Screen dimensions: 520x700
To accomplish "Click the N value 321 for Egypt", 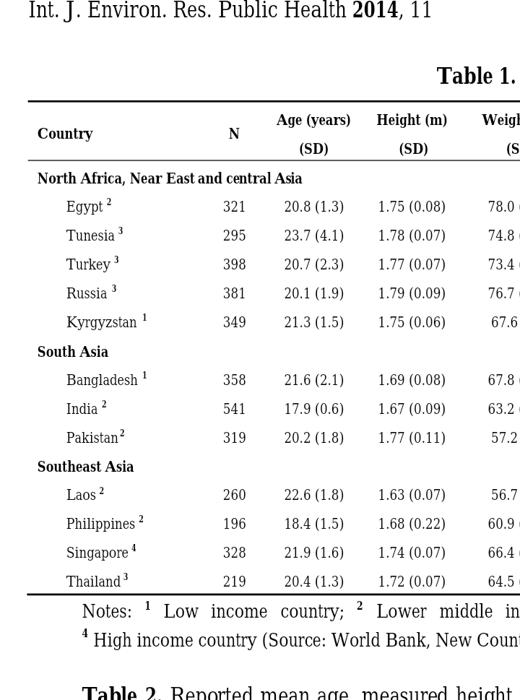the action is (x=234, y=207).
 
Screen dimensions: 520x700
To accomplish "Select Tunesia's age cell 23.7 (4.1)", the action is (x=314, y=236).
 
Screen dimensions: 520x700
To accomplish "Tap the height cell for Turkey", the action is (x=412, y=264).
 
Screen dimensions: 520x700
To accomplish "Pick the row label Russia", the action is (x=87, y=293).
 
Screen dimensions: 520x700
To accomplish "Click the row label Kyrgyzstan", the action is (x=102, y=322).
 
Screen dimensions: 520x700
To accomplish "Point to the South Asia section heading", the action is (x=73, y=352).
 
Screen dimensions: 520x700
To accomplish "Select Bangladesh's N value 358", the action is (x=234, y=380).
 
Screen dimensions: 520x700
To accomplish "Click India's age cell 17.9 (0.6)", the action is (x=314, y=409).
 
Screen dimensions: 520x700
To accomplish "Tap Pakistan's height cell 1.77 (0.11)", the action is (x=412, y=438).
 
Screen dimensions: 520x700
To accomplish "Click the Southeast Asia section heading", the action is (x=86, y=467).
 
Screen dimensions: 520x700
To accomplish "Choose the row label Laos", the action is (x=81, y=495).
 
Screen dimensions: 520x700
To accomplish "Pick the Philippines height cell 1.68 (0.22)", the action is (x=412, y=524).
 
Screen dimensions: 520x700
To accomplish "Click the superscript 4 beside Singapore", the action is (x=134, y=548).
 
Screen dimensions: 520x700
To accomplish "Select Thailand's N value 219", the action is (x=234, y=582).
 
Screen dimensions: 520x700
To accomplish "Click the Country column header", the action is (x=65, y=134).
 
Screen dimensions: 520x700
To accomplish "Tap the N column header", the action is (x=234, y=134).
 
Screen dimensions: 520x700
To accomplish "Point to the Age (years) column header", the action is (x=313, y=120).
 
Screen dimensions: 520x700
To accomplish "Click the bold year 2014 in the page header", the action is (x=376, y=10).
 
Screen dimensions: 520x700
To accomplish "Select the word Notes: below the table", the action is (x=107, y=612).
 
